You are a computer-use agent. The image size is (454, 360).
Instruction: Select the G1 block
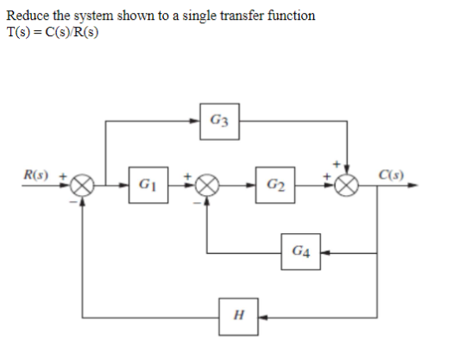point(145,185)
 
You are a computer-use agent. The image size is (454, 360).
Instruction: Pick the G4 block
point(297,254)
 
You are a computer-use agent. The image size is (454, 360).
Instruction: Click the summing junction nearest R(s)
point(82,185)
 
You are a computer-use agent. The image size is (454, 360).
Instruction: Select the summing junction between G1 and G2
point(207,185)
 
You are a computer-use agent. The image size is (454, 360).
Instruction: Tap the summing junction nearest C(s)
point(347,185)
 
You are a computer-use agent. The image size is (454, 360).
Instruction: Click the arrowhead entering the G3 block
point(198,119)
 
